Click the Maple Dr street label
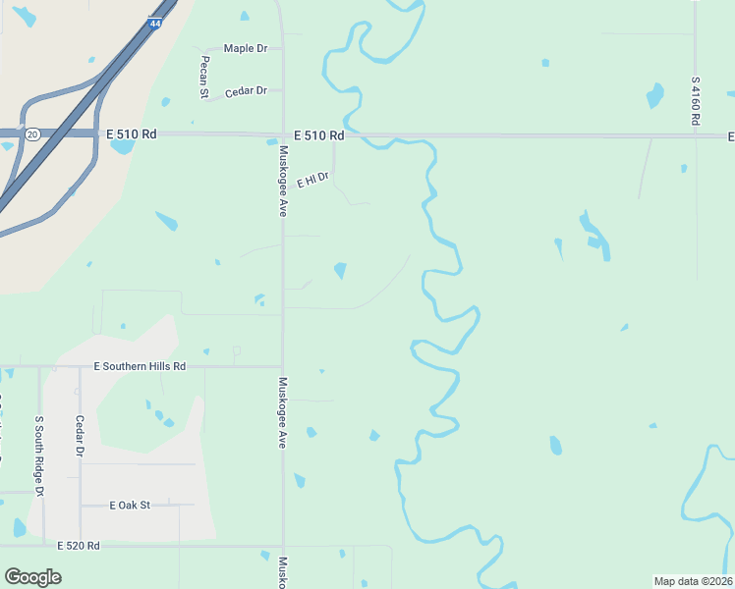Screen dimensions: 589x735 (246, 48)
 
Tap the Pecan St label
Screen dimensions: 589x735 (205, 78)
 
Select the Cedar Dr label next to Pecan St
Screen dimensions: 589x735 (246, 91)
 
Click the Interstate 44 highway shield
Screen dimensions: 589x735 (155, 22)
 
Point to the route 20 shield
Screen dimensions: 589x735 (32, 134)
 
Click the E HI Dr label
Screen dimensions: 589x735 (312, 179)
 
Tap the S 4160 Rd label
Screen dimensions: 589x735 (695, 100)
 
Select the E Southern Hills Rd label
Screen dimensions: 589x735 (140, 366)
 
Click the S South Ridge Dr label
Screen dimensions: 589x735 (40, 448)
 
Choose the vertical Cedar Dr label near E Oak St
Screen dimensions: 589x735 (80, 437)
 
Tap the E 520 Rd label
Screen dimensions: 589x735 (79, 545)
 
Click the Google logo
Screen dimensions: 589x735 (32, 577)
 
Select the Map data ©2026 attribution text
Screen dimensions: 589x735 (693, 581)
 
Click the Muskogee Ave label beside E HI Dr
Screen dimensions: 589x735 (283, 181)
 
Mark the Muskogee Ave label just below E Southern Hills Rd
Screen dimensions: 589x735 (283, 413)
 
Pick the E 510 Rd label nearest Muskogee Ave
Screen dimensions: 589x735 (319, 134)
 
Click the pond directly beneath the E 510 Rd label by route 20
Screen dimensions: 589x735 (123, 147)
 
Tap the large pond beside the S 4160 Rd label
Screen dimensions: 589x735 (655, 95)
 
